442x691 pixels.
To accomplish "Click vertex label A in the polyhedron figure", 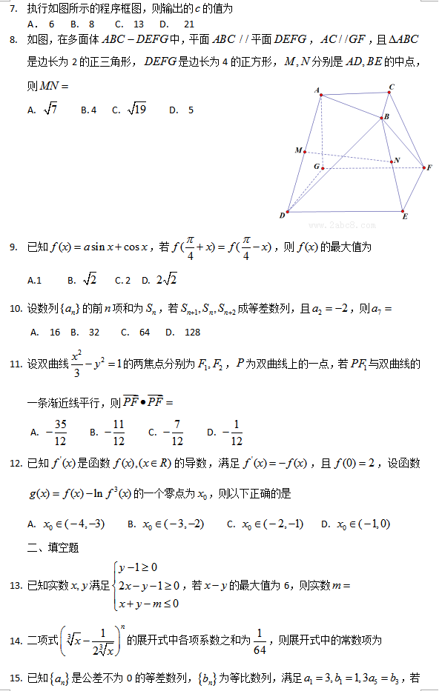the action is tap(317, 90).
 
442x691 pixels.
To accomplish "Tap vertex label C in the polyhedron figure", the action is tap(392, 87).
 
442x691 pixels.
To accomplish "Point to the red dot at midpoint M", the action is tap(305, 151).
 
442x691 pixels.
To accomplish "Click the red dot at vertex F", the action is tap(423, 168).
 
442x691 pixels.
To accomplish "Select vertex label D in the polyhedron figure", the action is tap(283, 216).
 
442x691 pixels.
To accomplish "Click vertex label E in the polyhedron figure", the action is tap(405, 216).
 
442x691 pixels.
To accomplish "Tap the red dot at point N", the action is tap(391, 161).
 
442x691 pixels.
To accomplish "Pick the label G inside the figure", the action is tap(317, 167).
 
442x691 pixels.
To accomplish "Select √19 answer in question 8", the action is tap(137, 110).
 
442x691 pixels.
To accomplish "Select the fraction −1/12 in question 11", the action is tap(234, 432).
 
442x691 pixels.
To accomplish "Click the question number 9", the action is tap(14, 247).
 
